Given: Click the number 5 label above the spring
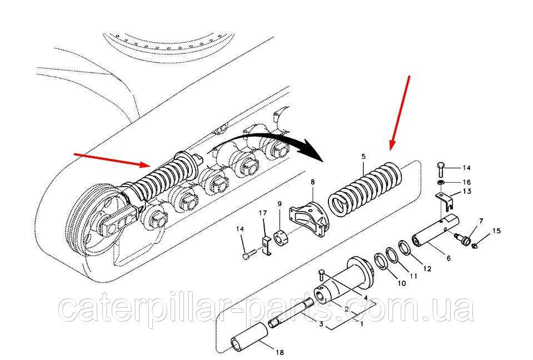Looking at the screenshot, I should tap(363, 157).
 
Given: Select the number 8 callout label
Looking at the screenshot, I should tap(312, 182).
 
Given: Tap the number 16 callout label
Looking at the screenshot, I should tap(466, 182).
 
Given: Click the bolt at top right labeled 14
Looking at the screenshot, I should tap(440, 167).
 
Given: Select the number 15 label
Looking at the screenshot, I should tap(496, 230).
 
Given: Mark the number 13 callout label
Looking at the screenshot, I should tap(466, 192).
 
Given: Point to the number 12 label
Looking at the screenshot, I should tap(427, 268).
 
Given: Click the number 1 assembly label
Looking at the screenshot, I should tap(361, 323).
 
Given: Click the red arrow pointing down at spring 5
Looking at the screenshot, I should tap(401, 111).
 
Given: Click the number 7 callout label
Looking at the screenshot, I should tap(481, 221).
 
